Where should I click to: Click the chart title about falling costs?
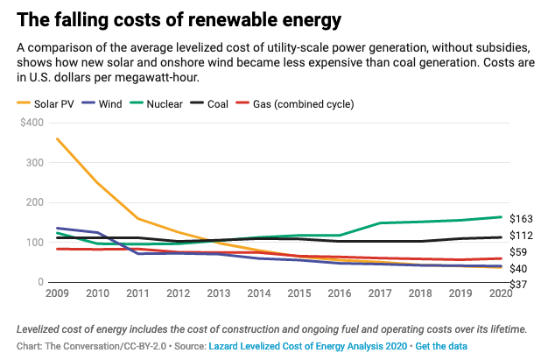pyautogui.click(x=167, y=18)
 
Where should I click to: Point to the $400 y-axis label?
pyautogui.click(x=31, y=123)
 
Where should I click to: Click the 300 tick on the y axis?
pyautogui.click(x=34, y=162)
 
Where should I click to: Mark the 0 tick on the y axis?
pyautogui.click(x=40, y=282)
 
